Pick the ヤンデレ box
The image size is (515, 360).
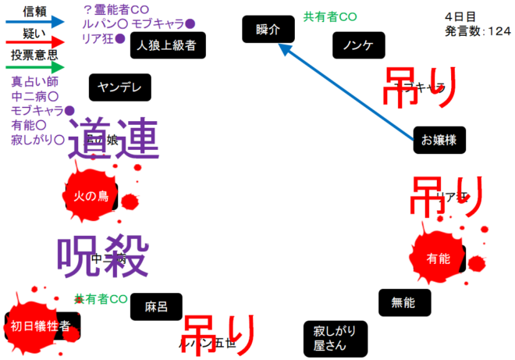point(120,87)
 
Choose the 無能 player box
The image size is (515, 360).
point(403,302)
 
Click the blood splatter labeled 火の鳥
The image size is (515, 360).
point(91,196)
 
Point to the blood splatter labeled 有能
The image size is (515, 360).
point(439,258)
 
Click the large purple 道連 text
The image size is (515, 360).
point(113,141)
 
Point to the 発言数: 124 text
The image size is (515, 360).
point(477,31)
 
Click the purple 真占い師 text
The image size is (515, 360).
point(36,82)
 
